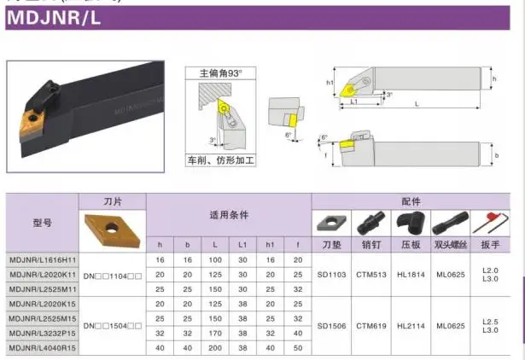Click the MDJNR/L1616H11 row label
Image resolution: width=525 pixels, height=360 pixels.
(x=43, y=258)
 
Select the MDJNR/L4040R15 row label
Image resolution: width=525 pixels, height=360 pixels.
(x=43, y=348)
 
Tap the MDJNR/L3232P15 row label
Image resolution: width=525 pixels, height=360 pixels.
(x=43, y=334)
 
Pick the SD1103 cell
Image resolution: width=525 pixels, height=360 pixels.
(x=330, y=274)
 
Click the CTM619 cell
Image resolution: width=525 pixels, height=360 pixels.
(x=371, y=325)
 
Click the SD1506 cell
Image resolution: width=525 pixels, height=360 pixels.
(x=330, y=325)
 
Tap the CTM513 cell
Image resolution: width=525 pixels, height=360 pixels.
(x=371, y=274)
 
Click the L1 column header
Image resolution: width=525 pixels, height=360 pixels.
(x=242, y=244)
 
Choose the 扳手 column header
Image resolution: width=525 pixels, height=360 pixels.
(x=490, y=244)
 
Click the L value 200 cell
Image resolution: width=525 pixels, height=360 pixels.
(x=215, y=348)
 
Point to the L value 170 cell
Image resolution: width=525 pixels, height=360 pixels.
(x=215, y=334)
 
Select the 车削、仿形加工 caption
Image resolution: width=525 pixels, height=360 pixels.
(x=221, y=160)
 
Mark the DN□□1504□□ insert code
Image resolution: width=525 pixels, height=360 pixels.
(x=113, y=325)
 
